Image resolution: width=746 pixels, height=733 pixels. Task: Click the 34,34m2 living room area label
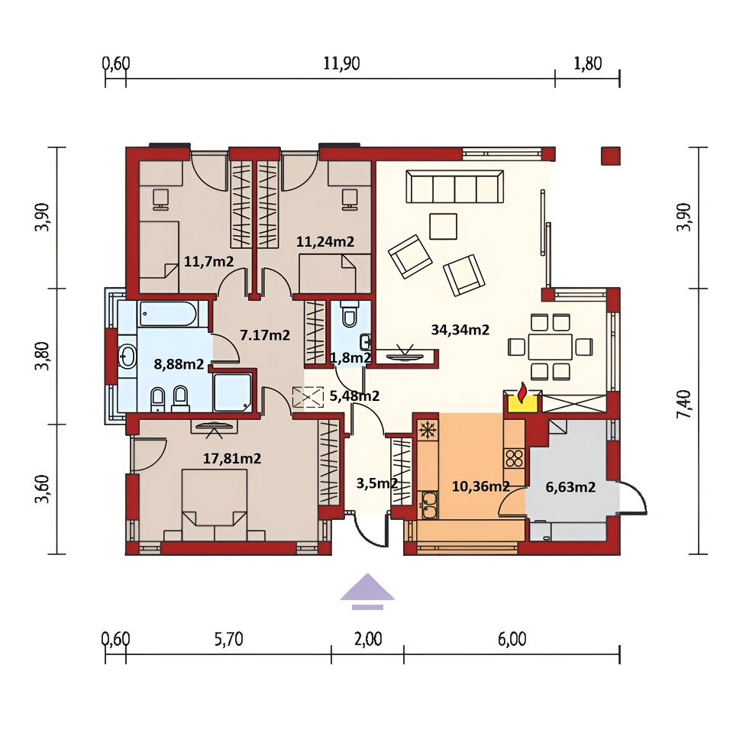[x=460, y=330]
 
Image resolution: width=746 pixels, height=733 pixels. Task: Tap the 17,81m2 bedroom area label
[x=232, y=459]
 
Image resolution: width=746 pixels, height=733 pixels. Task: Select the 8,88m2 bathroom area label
[x=179, y=364]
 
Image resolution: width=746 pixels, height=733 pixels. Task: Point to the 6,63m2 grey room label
[x=570, y=487]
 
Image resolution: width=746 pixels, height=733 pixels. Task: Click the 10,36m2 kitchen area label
[x=480, y=486]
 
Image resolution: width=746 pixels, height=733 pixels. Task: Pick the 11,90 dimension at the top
[x=341, y=63]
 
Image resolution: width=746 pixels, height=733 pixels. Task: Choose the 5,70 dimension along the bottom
[x=228, y=639]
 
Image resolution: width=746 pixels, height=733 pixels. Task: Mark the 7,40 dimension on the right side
[x=683, y=405]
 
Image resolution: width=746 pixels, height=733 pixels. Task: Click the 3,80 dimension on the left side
[x=41, y=356]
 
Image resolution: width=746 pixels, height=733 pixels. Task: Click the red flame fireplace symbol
[x=522, y=393]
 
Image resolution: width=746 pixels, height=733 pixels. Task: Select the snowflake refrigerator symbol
[x=428, y=431]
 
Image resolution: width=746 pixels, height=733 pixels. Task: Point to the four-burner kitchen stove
[x=515, y=459]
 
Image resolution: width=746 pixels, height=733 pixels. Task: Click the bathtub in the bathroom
[x=167, y=314]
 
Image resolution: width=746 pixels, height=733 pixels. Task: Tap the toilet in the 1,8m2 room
[x=349, y=314]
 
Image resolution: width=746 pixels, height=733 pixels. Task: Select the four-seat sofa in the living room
[x=454, y=187]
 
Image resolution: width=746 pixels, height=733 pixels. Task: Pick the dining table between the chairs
[x=550, y=347]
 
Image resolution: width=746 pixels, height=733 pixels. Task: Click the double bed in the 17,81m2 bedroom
[x=215, y=505]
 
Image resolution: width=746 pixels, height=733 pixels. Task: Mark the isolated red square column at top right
[x=610, y=156]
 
